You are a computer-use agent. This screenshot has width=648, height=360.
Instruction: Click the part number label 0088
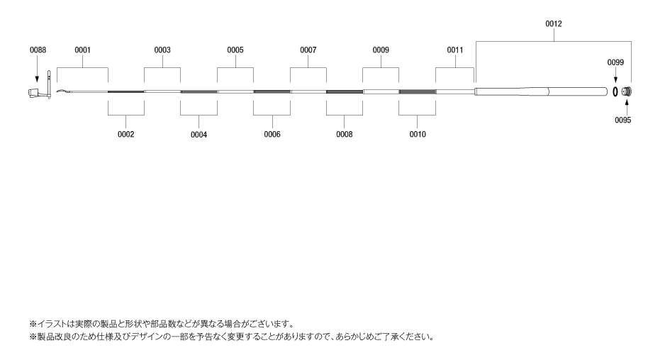[38, 50]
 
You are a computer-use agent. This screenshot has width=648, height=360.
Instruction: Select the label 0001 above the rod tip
[83, 50]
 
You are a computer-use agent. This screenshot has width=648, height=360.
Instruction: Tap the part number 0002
[126, 135]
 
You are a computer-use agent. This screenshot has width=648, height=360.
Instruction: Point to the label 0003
[162, 50]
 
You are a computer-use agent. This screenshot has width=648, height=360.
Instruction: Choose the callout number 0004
[199, 135]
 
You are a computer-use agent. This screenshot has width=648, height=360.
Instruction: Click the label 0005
[235, 50]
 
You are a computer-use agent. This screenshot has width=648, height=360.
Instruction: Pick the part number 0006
[272, 135]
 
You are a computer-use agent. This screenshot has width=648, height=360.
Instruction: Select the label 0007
[308, 50]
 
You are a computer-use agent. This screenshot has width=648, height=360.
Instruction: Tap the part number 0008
[345, 135]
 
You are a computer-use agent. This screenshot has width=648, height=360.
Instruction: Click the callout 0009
[381, 50]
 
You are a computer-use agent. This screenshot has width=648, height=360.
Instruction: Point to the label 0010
[418, 135]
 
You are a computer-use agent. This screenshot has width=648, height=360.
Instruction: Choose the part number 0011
[455, 50]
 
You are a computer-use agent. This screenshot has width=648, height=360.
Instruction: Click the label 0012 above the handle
[554, 24]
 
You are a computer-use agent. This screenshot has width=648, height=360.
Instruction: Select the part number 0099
[615, 62]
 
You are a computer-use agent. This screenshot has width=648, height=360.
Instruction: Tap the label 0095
[622, 120]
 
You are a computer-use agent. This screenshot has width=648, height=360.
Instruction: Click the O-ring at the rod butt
[615, 91]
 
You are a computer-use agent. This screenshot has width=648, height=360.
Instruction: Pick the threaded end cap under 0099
[627, 91]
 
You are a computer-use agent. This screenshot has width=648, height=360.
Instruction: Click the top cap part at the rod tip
[40, 91]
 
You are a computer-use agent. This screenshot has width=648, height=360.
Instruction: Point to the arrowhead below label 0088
[37, 79]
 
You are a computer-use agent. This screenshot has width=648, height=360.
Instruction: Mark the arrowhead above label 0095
[627, 101]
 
